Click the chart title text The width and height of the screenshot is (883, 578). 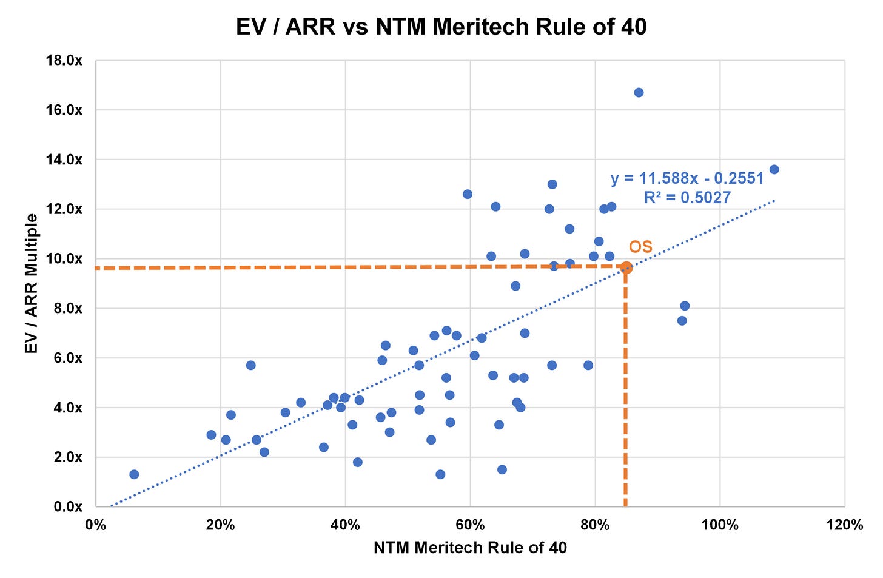pos(441,27)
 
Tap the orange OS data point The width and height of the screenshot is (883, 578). pos(626,267)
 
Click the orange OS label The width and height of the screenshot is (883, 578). pos(640,247)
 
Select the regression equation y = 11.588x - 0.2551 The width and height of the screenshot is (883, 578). pos(687,179)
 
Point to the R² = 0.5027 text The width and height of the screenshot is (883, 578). pos(687,197)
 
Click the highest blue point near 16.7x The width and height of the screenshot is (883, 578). pos(639,92)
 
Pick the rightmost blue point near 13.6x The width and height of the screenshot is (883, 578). pos(774,169)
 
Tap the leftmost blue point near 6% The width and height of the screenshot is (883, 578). pos(134,474)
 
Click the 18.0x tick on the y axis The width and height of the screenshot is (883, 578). pos(65,61)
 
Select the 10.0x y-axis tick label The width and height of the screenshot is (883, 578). pos(65,259)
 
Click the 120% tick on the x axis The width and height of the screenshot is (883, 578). pos(844,525)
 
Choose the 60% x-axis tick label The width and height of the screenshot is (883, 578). pos(470,525)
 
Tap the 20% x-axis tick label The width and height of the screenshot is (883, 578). pos(220,525)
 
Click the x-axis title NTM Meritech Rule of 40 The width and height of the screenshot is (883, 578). pos(470,548)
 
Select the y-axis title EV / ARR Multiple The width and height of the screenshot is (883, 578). pos(32,283)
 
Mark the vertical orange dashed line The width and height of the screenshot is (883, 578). pos(625,394)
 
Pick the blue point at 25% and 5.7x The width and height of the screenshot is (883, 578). pos(250,365)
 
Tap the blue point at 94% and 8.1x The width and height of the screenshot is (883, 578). pos(685,306)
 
